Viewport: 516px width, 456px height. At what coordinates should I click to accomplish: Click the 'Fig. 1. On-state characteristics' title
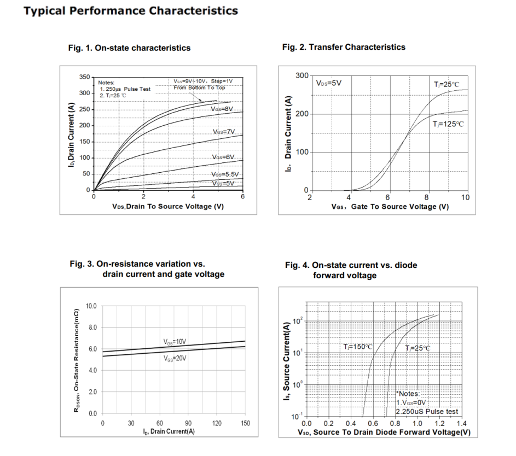pyautogui.click(x=129, y=48)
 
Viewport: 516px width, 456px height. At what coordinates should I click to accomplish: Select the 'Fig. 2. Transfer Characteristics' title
pyautogui.click(x=344, y=47)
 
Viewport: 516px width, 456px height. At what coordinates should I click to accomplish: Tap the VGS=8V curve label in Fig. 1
pyautogui.click(x=222, y=109)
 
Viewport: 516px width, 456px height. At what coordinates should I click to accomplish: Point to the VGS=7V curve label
pyautogui.click(x=223, y=132)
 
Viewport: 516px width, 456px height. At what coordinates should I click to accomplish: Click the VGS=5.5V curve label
pyautogui.click(x=225, y=174)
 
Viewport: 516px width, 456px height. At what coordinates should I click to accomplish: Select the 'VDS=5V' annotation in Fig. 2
pyautogui.click(x=328, y=83)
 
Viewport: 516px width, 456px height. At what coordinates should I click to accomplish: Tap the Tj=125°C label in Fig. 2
pyautogui.click(x=448, y=125)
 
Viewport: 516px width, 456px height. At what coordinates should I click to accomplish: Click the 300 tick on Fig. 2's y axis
pyautogui.click(x=302, y=75)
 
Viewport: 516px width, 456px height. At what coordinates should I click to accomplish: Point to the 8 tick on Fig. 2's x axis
pyautogui.click(x=426, y=197)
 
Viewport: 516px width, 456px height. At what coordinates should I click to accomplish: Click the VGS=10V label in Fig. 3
pyautogui.click(x=175, y=342)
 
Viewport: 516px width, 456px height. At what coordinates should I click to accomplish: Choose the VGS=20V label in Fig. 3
pyautogui.click(x=175, y=359)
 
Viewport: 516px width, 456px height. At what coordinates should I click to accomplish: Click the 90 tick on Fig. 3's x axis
pyautogui.click(x=188, y=424)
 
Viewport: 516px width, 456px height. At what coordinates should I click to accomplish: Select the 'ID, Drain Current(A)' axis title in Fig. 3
pyautogui.click(x=172, y=432)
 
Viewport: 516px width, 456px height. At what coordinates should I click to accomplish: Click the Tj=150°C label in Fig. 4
pyautogui.click(x=358, y=347)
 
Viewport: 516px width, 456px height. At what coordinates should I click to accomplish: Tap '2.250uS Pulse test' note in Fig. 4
pyautogui.click(x=427, y=412)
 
